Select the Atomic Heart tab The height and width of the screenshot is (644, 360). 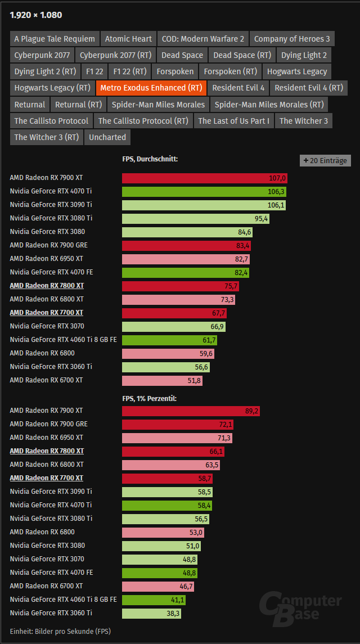128,39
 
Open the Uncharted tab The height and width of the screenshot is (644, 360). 107,137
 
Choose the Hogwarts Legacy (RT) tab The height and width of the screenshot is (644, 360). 52,88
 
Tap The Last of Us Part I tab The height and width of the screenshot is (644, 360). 233,120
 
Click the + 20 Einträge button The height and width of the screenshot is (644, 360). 325,160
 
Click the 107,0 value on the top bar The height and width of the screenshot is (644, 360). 278,178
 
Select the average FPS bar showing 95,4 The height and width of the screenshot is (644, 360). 195,218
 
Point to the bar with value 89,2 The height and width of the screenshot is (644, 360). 191,411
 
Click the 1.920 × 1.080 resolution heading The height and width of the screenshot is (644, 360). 36,15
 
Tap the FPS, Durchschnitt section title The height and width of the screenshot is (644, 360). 150,159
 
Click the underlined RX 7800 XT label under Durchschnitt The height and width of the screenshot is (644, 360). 47,286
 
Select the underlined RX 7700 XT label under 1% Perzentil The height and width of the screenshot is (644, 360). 47,478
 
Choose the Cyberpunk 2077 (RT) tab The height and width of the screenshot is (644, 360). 115,55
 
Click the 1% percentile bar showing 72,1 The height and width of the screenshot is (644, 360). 179,424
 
